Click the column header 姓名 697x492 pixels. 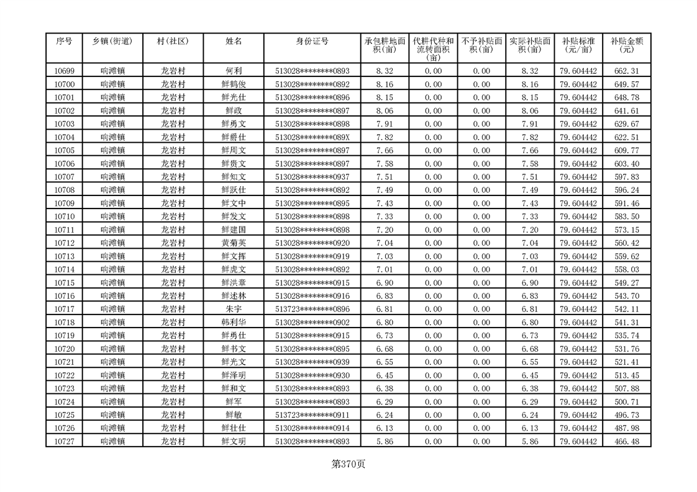(x=234, y=41)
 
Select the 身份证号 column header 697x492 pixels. (x=312, y=41)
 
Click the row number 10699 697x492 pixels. (x=64, y=71)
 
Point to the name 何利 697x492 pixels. (x=234, y=71)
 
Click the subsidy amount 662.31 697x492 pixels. (x=626, y=71)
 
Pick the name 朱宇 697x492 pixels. (x=234, y=309)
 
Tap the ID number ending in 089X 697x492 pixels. (x=312, y=137)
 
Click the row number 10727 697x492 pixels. (x=64, y=441)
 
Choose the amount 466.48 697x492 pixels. (x=626, y=441)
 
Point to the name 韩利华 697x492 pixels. (x=234, y=323)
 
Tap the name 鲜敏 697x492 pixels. (x=234, y=415)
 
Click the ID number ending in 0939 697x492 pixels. (x=312, y=362)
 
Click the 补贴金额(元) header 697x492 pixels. (x=626, y=45)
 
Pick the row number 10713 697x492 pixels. (x=64, y=256)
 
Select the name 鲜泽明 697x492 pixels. (x=234, y=375)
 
